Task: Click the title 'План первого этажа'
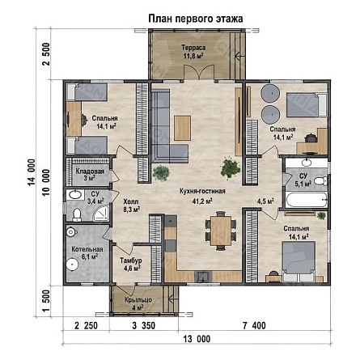tap(196, 19)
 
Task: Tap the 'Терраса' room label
tap(193, 48)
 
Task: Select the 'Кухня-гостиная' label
tap(202, 191)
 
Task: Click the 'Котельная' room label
tap(87, 249)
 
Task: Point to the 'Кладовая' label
tap(90, 172)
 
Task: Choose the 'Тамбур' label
tap(131, 260)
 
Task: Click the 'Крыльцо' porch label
tap(138, 300)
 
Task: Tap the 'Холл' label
tap(131, 201)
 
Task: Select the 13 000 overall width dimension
tap(197, 339)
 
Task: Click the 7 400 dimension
tap(254, 325)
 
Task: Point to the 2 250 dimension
tap(86, 325)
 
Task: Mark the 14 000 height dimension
tap(32, 172)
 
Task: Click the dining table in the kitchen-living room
tap(221, 231)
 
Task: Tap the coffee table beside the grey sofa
tap(183, 128)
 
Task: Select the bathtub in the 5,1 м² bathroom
tap(307, 200)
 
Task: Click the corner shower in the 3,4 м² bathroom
tap(101, 214)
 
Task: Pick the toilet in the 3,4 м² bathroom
tap(77, 214)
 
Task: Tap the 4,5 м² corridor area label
tap(265, 201)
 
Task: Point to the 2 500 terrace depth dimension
tap(47, 54)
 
